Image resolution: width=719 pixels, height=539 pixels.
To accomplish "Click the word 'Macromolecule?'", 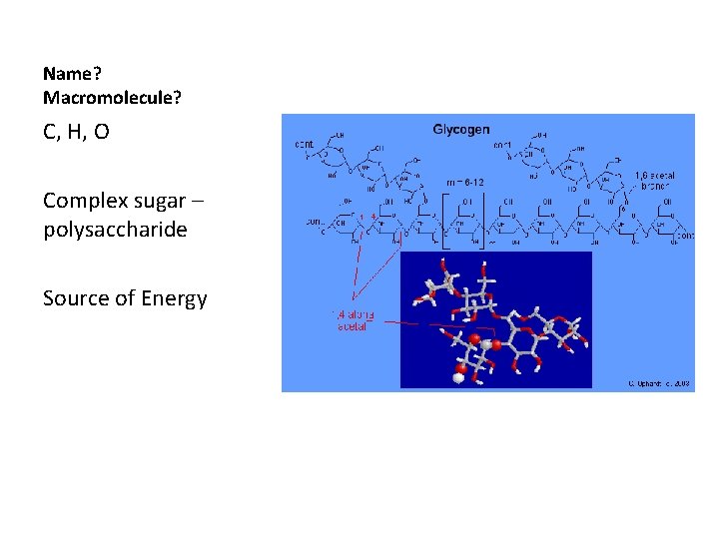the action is pyautogui.click(x=112, y=98).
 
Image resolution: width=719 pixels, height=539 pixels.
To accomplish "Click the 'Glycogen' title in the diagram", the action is pyautogui.click(x=460, y=129).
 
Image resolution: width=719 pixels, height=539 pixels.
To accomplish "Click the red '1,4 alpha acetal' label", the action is pyautogui.click(x=350, y=319).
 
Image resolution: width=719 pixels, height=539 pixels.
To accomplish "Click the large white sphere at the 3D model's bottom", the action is pyautogui.click(x=459, y=377).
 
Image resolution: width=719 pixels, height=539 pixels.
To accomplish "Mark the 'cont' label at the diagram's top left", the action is pyautogui.click(x=303, y=144).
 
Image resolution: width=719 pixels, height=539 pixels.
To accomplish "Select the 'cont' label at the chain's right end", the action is pyautogui.click(x=684, y=236).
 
